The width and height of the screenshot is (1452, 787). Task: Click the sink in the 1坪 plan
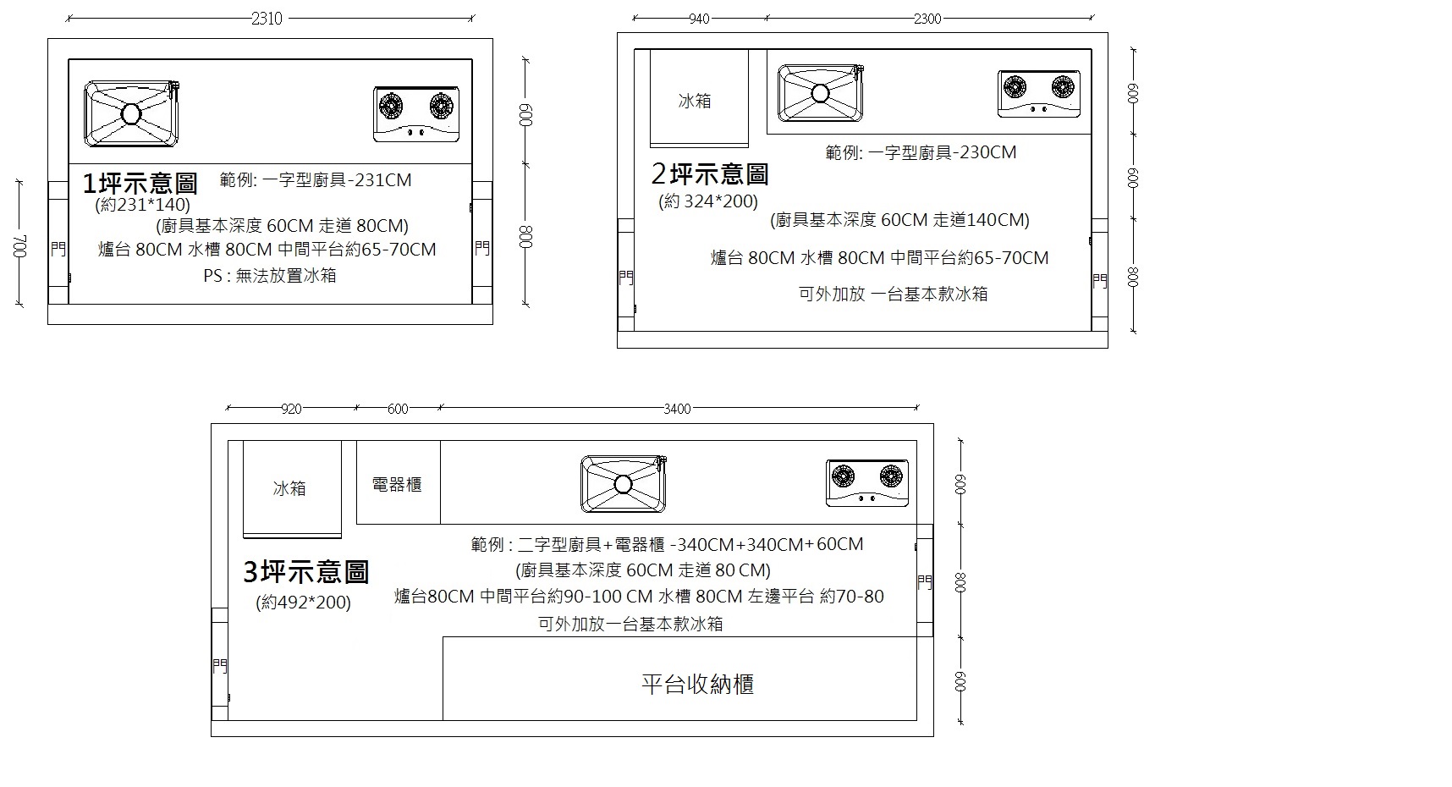[x=133, y=113]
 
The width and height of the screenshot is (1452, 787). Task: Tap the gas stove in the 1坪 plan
[x=416, y=113]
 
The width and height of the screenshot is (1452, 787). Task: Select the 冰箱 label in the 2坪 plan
[x=695, y=101]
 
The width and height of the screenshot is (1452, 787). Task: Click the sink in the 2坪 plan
[x=821, y=92]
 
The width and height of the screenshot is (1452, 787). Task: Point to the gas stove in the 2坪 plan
[x=1039, y=93]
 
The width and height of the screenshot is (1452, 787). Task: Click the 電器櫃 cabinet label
[x=397, y=485]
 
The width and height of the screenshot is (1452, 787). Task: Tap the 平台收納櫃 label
[x=697, y=684]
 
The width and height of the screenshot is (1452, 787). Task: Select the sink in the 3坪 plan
[x=624, y=484]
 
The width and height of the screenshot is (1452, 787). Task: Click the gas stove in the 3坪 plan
[x=867, y=483]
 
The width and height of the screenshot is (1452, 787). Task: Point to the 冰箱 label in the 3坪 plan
[x=289, y=488]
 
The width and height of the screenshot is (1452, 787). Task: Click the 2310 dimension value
[x=267, y=19]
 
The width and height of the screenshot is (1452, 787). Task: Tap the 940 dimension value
[x=699, y=19]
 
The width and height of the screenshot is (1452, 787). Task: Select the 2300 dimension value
[x=927, y=19]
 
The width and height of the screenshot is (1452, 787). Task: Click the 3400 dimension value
[x=677, y=409]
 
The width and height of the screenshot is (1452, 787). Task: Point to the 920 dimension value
[x=291, y=409]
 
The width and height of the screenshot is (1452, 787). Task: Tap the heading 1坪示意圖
[x=140, y=183]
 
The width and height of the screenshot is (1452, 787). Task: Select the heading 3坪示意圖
[x=306, y=572]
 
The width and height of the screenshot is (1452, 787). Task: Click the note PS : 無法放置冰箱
[x=270, y=276]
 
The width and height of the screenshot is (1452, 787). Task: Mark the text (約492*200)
[x=304, y=603]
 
